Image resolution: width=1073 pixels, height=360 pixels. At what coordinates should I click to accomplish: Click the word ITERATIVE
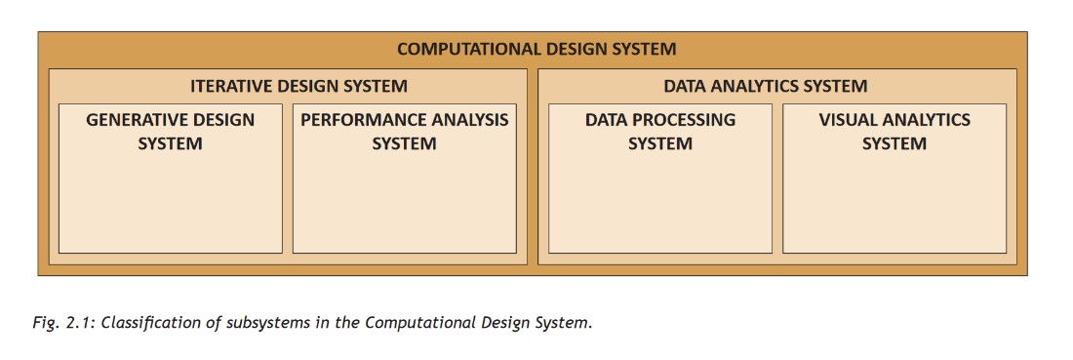225,86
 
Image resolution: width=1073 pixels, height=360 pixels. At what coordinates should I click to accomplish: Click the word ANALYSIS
471,120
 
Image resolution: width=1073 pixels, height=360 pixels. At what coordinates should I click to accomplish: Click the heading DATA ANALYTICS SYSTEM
765,86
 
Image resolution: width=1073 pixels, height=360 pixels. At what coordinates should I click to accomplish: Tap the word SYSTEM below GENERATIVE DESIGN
171,144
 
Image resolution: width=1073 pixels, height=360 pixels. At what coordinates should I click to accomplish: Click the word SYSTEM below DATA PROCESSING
659,144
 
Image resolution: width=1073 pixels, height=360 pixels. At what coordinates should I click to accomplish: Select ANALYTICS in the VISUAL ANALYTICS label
925,120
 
